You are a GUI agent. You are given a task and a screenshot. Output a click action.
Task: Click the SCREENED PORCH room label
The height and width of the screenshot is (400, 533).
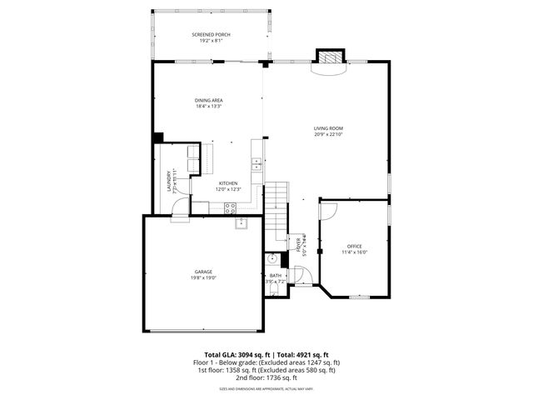pos(211,34)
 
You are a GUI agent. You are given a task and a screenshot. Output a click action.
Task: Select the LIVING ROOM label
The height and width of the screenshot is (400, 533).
pos(328,128)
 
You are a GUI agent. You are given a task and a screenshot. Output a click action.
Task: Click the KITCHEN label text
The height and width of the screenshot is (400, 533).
pos(228,182)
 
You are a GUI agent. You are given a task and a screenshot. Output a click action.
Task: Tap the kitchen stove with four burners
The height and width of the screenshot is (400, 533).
pos(230,207)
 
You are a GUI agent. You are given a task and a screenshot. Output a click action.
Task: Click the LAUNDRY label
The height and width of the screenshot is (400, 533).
pos(169,181)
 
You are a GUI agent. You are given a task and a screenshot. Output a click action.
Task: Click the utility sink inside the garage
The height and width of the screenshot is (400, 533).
pos(242,222)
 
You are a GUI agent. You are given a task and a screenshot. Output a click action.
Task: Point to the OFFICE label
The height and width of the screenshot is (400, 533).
pos(354,246)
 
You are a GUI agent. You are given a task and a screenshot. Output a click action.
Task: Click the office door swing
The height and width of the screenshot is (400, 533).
pos(326,209)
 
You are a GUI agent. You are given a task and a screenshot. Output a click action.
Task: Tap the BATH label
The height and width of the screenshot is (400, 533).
pos(275,276)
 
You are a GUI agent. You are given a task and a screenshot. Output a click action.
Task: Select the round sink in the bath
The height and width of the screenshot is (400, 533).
pos(271,259)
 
